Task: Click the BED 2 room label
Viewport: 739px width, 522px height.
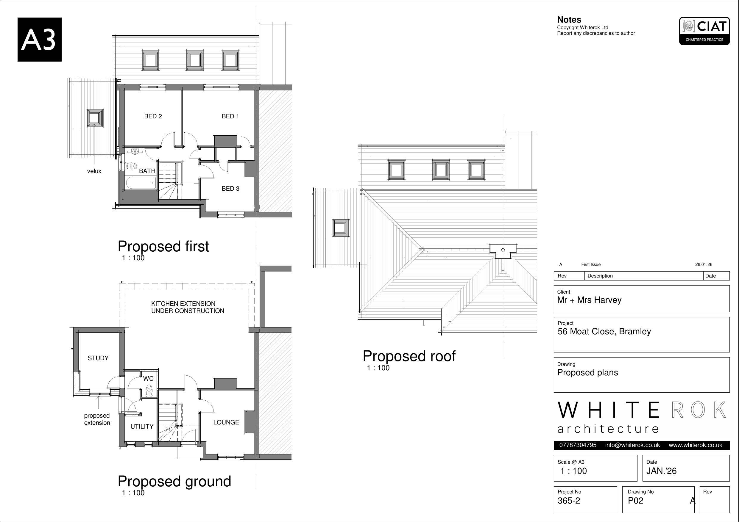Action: click(153, 116)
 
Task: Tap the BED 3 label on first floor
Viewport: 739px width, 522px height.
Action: click(230, 189)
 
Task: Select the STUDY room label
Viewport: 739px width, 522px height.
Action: click(98, 358)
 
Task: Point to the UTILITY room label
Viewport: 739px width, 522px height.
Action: click(142, 427)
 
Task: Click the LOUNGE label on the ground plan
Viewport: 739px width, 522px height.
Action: click(226, 423)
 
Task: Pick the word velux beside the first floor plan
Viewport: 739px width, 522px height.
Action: click(94, 171)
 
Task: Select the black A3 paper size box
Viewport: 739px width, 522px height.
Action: click(40, 40)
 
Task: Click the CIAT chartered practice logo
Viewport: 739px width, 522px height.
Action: click(704, 31)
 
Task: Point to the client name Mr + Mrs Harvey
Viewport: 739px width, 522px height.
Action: click(589, 300)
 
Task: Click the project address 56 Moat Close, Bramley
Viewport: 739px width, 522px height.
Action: click(604, 332)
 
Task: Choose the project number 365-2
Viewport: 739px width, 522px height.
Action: click(569, 501)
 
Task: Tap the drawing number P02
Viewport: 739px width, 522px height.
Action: click(636, 501)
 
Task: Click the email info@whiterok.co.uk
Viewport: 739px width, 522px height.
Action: click(632, 445)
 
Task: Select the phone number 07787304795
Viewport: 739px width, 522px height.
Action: click(578, 445)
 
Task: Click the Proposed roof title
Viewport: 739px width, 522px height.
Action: click(409, 356)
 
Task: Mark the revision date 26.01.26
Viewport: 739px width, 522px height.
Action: click(704, 265)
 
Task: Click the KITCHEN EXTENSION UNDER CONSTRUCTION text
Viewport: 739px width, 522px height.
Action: click(188, 308)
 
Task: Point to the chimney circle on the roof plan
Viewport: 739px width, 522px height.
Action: click(503, 250)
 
